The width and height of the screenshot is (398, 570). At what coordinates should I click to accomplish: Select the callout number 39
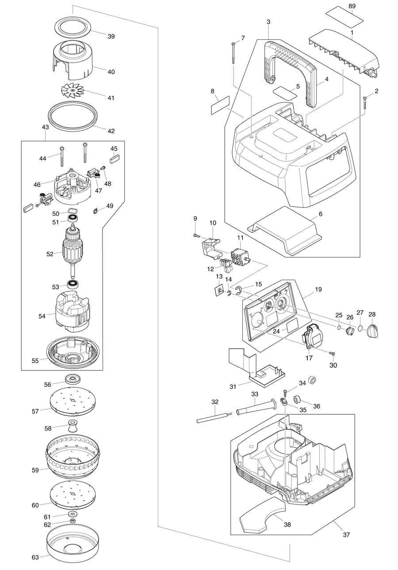[x=111, y=36]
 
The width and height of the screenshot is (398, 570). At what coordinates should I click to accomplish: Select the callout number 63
[x=35, y=557]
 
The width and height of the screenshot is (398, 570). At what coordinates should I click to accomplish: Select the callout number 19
[x=318, y=289]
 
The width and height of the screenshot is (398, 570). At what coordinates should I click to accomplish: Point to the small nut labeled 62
[x=73, y=521]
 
